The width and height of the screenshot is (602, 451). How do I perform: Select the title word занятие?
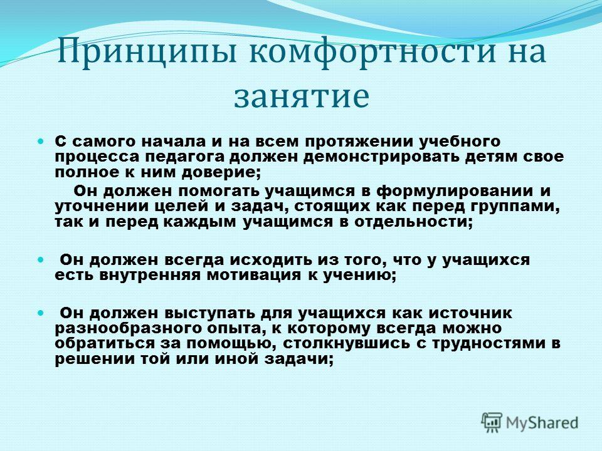[302, 95]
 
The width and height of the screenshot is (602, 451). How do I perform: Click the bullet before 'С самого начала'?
[41, 142]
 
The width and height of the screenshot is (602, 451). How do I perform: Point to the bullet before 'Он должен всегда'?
[41, 260]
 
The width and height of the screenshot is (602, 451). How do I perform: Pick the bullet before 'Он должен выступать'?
[41, 313]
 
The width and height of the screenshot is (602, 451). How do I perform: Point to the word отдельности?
[413, 222]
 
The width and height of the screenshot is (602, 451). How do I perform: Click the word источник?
[470, 313]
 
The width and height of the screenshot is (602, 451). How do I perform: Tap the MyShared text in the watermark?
[542, 423]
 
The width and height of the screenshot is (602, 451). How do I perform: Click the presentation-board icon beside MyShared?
[492, 422]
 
